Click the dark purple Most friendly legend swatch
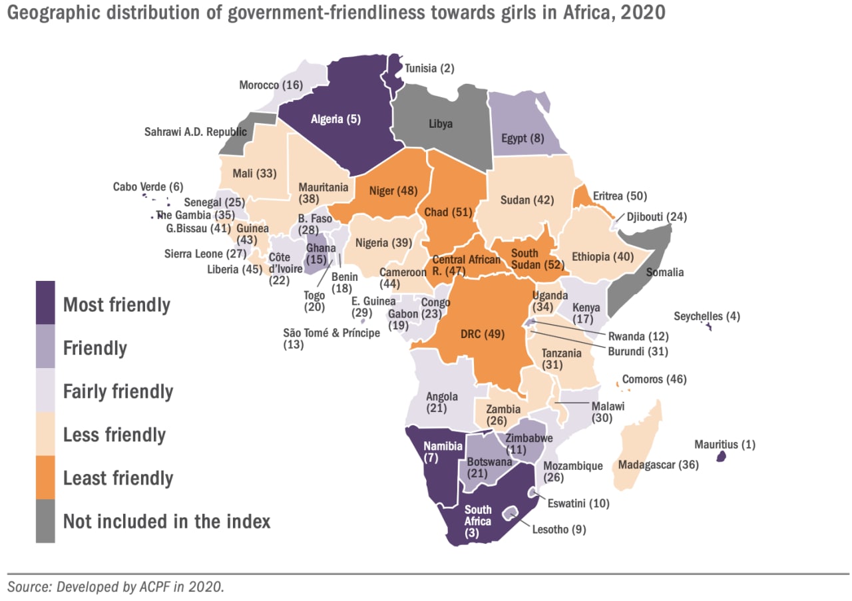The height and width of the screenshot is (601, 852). coord(46,304)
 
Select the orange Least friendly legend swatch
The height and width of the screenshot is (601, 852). coord(46,477)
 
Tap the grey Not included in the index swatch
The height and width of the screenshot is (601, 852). coord(46,520)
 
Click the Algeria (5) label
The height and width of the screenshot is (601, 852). coord(335,120)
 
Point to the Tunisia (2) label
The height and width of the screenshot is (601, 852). coord(429,68)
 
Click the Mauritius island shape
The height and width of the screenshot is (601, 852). coord(720,457)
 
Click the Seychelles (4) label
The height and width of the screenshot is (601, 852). coord(706,316)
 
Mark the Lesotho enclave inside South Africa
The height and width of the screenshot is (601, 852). coord(511,513)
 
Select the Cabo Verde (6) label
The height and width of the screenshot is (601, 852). coord(148,187)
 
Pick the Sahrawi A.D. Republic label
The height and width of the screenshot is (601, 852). coord(196,132)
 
